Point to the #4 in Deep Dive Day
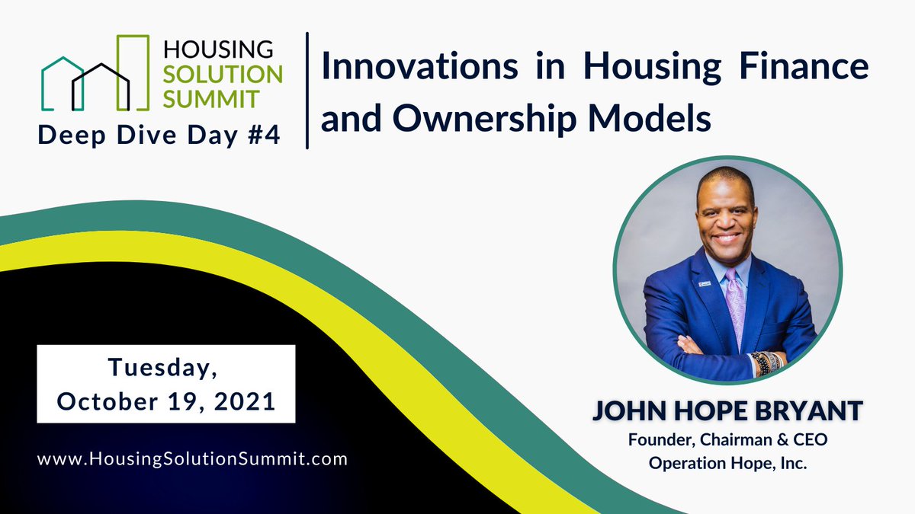click(261, 137)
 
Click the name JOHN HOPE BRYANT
click(727, 411)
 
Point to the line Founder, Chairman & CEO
click(727, 439)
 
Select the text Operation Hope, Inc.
click(727, 462)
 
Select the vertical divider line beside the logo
click(307, 90)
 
